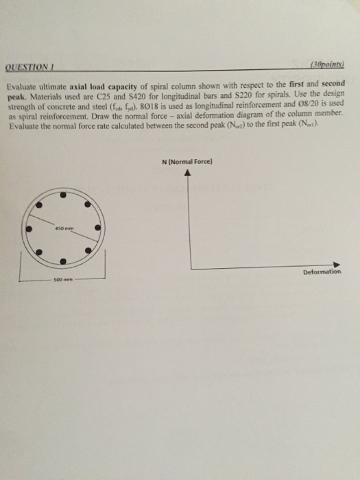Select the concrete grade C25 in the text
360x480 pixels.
click(113, 97)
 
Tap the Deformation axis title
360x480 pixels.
click(321, 272)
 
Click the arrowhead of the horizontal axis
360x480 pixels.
click(337, 264)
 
